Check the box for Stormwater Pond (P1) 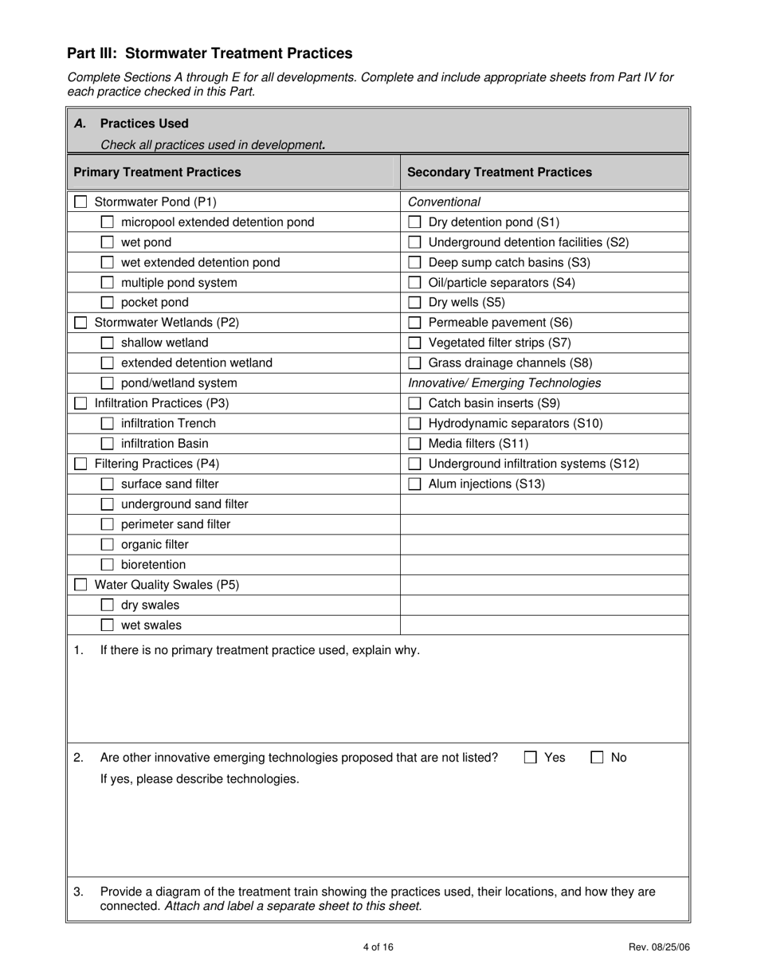80,202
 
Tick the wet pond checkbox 107,242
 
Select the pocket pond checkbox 107,303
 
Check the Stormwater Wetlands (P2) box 80,323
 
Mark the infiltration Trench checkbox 107,424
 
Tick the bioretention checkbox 107,565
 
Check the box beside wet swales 107,625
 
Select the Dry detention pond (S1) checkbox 414,222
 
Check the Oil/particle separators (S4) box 414,283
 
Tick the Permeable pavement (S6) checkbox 414,323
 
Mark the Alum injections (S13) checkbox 414,484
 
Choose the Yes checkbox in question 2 531,758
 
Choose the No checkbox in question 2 597,758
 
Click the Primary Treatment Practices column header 157,172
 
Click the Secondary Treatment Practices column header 500,172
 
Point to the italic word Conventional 444,202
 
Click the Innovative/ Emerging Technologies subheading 504,383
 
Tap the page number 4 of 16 378,947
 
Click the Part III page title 210,53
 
